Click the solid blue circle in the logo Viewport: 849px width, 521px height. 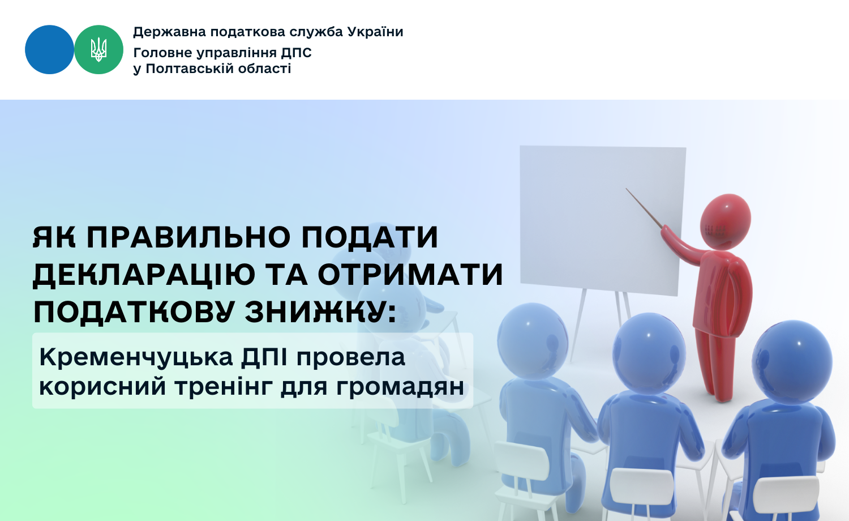pos(49,50)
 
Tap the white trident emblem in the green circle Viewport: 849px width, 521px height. pos(98,50)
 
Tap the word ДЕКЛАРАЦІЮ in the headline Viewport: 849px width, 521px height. pos(144,275)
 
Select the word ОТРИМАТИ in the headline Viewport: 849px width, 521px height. pos(410,275)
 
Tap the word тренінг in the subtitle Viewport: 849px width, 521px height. pos(223,387)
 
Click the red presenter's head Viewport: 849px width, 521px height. pos(725,222)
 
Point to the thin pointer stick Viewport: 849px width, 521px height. pos(644,208)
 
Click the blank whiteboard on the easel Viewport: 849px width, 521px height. pos(603,220)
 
